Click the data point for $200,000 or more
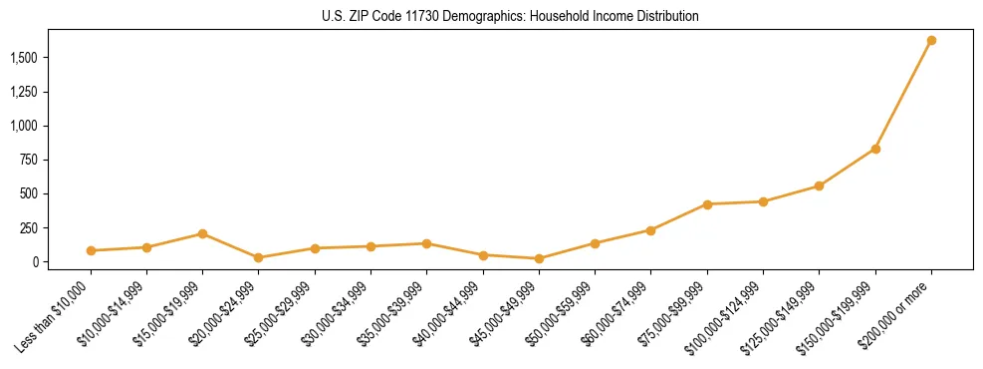pos(931,41)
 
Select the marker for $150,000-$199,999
pos(875,149)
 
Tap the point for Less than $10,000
pos(91,250)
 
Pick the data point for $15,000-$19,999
pos(202,233)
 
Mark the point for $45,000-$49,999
pos(539,258)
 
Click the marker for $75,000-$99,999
pos(707,204)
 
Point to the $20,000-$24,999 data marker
pos(259,257)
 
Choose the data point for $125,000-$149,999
pos(819,185)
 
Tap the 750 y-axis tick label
pos(29,161)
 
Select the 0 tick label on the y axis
pos(35,262)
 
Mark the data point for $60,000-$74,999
pos(650,230)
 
